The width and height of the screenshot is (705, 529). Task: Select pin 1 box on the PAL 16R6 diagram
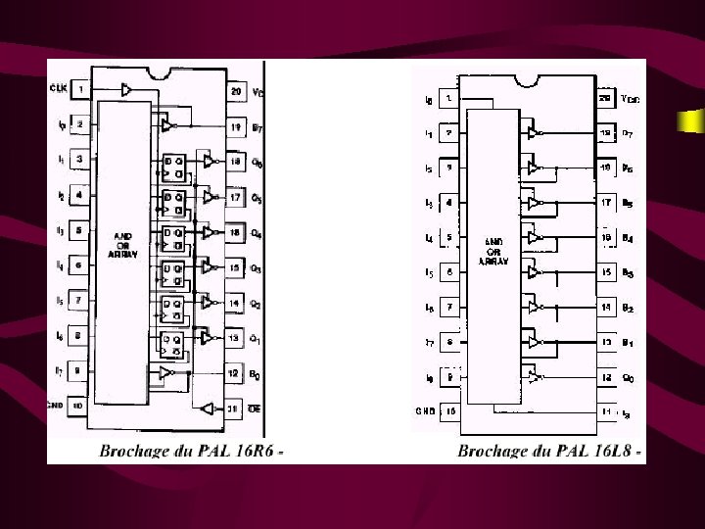(81, 90)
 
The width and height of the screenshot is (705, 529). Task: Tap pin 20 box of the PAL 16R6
(236, 92)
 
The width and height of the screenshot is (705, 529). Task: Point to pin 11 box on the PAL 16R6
(235, 408)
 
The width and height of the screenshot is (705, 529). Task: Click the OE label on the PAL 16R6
(256, 408)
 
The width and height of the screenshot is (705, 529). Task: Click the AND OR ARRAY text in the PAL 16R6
(123, 245)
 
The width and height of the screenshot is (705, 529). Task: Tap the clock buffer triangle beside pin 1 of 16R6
(124, 89)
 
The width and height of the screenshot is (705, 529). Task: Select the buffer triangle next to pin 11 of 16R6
(206, 407)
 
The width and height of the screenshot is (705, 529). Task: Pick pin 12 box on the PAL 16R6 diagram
(235, 372)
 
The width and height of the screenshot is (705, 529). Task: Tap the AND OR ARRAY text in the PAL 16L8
(492, 250)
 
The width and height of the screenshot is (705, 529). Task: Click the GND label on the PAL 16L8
(423, 411)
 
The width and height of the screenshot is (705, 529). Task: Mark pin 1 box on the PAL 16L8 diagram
(449, 99)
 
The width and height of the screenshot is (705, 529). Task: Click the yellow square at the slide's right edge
(691, 121)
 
